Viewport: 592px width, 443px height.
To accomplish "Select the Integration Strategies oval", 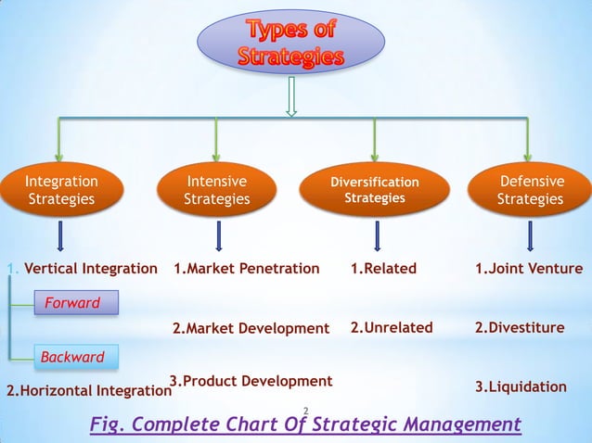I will pyautogui.click(x=61, y=190).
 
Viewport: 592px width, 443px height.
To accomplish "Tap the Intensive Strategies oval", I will pyautogui.click(x=216, y=190).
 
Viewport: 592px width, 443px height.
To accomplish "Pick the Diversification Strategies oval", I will pyautogui.click(x=375, y=190).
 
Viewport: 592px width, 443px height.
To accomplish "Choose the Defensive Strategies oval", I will pyautogui.click(x=530, y=190).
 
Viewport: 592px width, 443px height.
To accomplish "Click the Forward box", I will pyautogui.click(x=73, y=303).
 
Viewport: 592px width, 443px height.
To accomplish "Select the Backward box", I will pyautogui.click(x=72, y=357).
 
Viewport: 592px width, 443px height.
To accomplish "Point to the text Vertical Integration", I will pyautogui.click(x=90, y=269).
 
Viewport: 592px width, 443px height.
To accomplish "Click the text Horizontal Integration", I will pyautogui.click(x=89, y=391).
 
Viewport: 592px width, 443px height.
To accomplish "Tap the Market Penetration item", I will pyautogui.click(x=247, y=269).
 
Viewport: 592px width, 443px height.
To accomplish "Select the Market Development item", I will pyautogui.click(x=251, y=328).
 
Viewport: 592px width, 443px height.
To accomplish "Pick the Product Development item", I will pyautogui.click(x=251, y=381).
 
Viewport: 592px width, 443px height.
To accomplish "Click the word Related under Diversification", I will pyautogui.click(x=383, y=269).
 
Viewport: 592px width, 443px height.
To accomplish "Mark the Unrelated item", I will pyautogui.click(x=392, y=327).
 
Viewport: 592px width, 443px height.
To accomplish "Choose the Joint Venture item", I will pyautogui.click(x=529, y=269).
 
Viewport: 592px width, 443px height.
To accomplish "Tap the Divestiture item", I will pyautogui.click(x=520, y=327).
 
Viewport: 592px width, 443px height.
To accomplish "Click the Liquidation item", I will pyautogui.click(x=521, y=386).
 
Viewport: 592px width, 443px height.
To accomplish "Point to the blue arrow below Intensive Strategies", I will pyautogui.click(x=218, y=235).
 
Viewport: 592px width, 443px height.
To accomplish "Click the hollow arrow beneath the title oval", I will pyautogui.click(x=291, y=97).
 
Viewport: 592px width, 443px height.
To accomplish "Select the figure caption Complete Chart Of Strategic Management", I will pyautogui.click(x=305, y=424).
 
